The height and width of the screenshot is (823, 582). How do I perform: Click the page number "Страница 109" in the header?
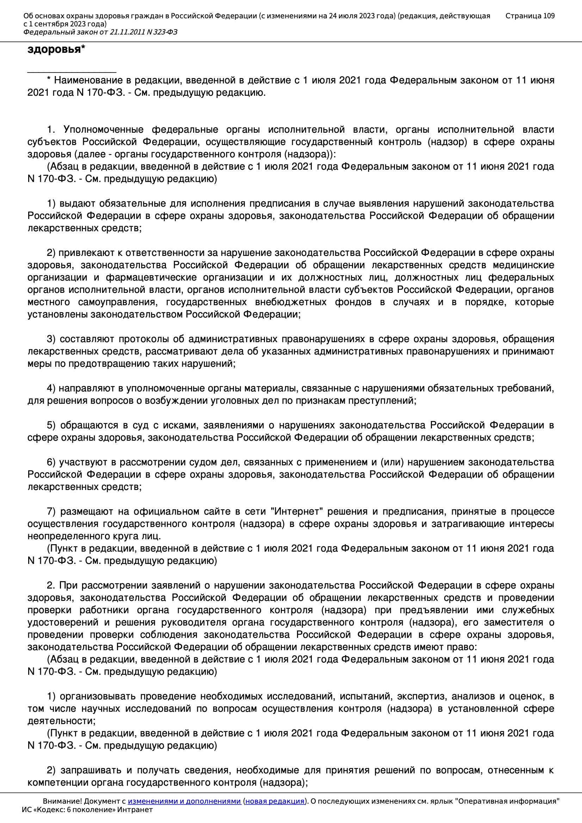530,16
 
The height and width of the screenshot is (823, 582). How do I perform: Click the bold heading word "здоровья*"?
56,50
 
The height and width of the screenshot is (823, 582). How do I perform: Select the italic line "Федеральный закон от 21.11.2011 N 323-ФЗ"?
100,32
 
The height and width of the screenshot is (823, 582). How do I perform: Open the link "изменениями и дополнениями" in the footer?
184,801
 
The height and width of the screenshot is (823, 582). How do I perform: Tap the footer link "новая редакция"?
274,801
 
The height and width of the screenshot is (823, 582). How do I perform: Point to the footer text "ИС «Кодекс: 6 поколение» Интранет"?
87,810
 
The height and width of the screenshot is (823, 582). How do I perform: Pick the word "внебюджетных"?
291,302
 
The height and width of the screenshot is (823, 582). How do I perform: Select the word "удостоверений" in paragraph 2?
63,622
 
